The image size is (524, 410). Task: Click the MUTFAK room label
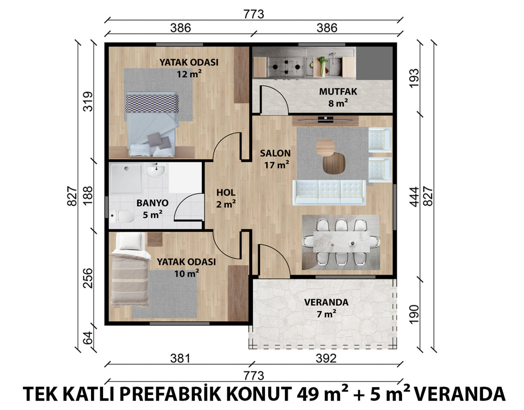pos(338,92)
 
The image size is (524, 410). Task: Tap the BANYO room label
pos(152,203)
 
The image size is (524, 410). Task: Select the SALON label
pos(275,153)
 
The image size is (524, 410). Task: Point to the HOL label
pos(226,192)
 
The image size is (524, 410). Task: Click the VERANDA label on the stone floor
pos(326,302)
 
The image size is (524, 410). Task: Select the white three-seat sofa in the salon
pos(329,192)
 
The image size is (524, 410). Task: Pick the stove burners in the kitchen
pos(286,67)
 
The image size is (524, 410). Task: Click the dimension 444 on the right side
pos(414,197)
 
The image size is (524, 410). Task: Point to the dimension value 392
pos(326,359)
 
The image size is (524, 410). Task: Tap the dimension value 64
pos(88,338)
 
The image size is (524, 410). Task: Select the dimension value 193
pos(414,78)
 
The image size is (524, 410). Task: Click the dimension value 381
pos(180,359)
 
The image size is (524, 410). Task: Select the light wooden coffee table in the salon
pos(325,148)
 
